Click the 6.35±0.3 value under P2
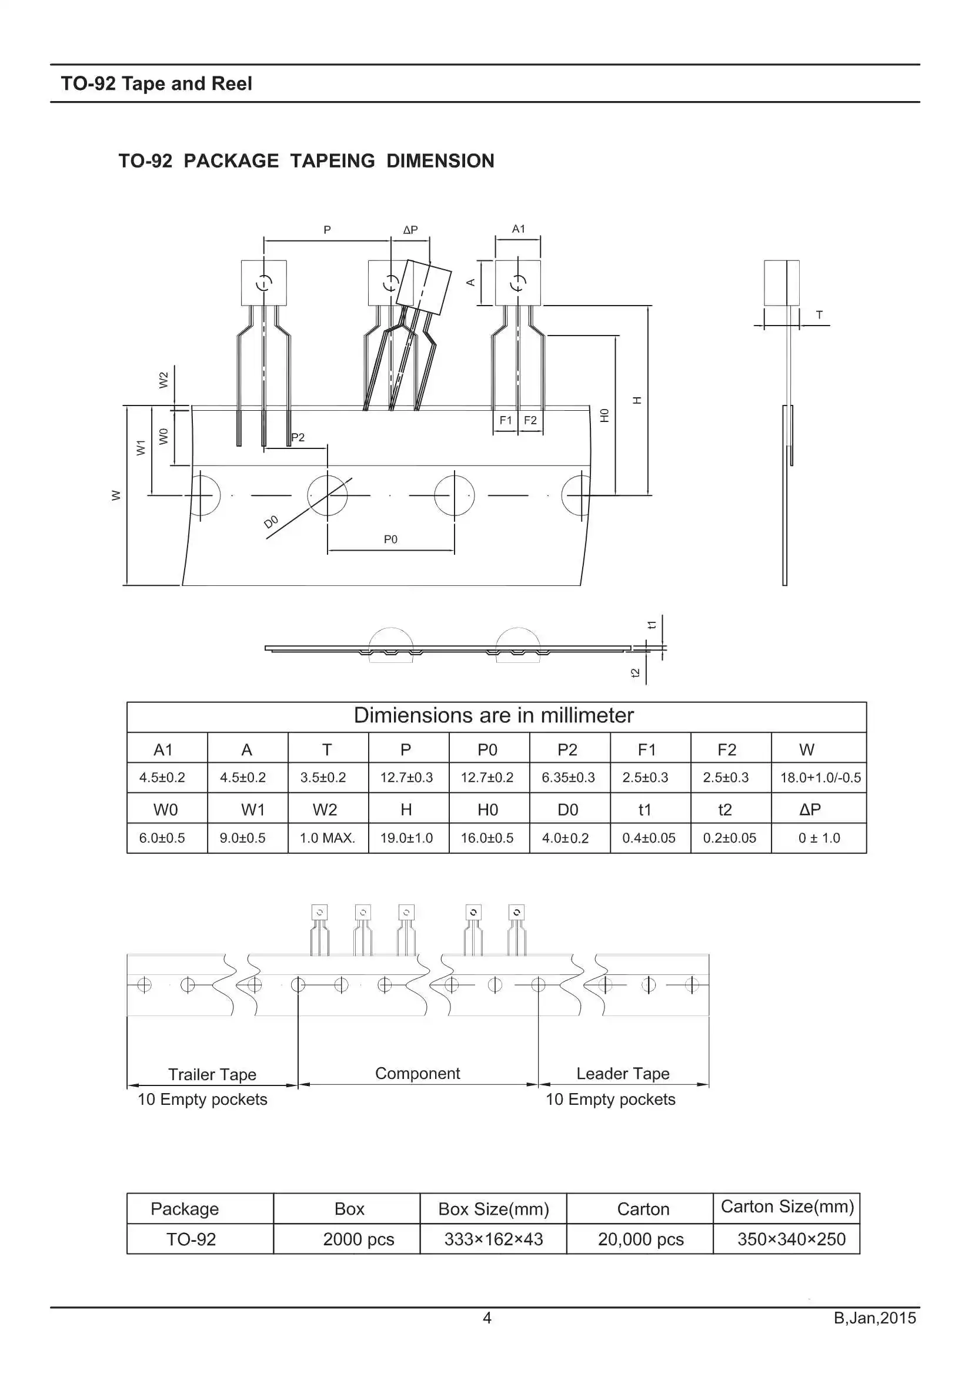(x=569, y=778)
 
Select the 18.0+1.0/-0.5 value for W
(x=820, y=778)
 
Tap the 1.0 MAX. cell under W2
(x=327, y=838)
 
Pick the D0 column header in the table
(x=568, y=810)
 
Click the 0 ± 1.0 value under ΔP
(x=819, y=838)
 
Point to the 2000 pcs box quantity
(x=359, y=1239)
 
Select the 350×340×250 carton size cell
(x=791, y=1239)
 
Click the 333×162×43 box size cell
(x=493, y=1239)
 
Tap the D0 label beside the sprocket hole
(x=270, y=522)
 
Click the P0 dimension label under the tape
(x=390, y=539)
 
